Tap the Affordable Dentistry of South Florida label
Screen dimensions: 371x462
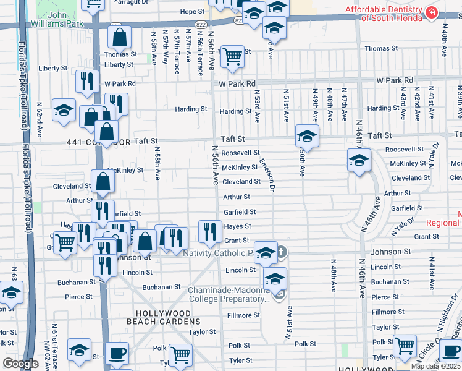383,14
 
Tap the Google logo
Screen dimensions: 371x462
20,364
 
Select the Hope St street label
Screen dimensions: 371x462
192,11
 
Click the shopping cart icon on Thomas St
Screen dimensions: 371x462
232,56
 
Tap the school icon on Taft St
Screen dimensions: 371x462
307,134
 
